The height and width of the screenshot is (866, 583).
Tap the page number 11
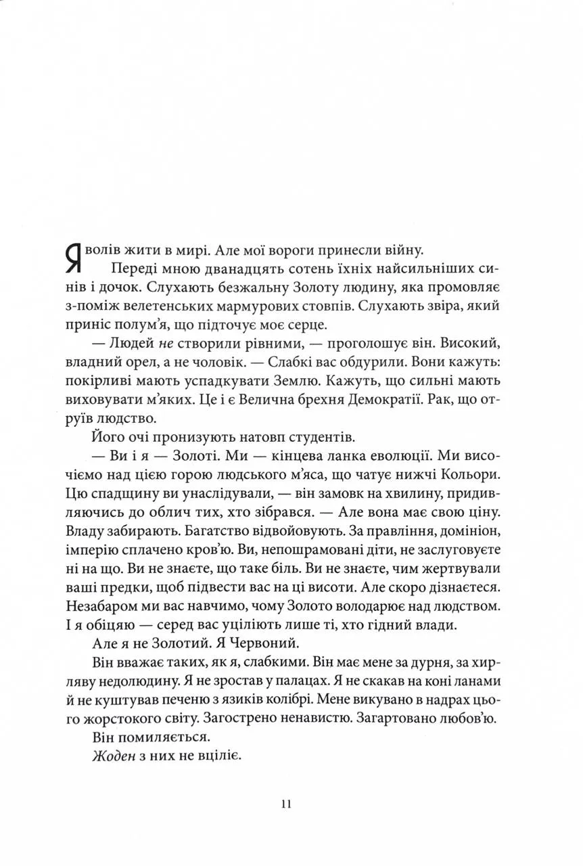pos(285,804)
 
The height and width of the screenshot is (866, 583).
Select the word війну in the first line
pos(402,250)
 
